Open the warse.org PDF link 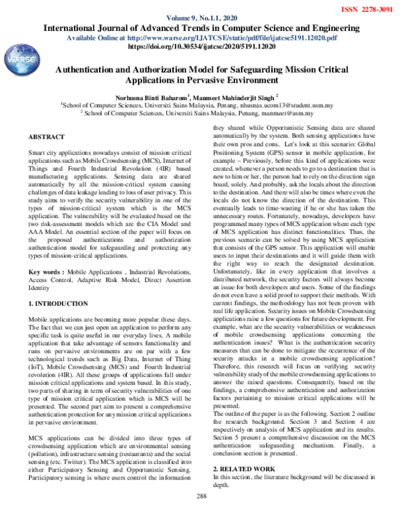[x=250, y=39]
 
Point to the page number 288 [x=201, y=515]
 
